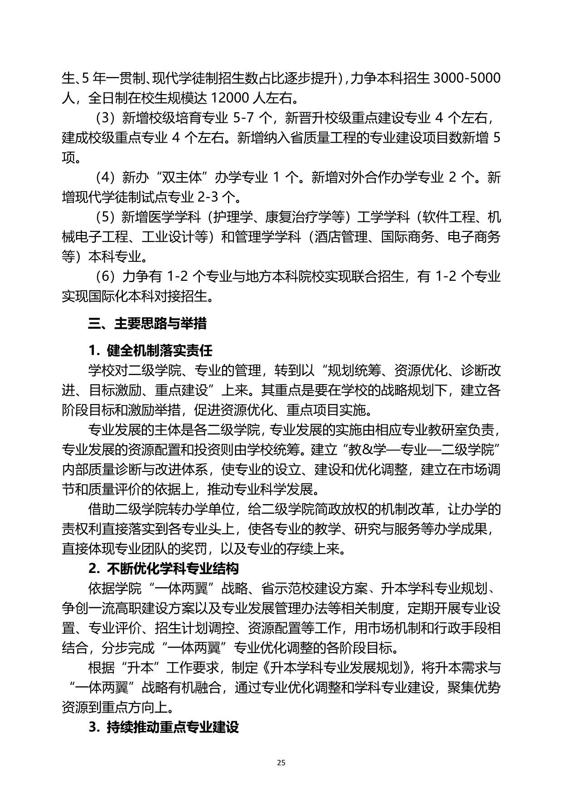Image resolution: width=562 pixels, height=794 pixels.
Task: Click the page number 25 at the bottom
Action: click(281, 762)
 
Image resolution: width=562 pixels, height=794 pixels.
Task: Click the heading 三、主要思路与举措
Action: click(147, 323)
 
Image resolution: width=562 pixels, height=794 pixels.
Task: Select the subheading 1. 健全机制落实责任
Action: click(150, 350)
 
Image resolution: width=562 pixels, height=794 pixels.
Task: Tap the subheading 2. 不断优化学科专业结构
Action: click(163, 568)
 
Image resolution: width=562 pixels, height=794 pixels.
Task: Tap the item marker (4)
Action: click(105, 177)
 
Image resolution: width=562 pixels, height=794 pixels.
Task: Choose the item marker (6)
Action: click(105, 276)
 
